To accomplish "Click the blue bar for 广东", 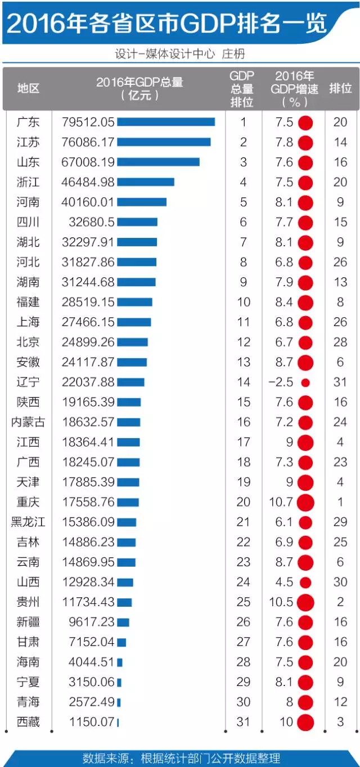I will click(x=166, y=122).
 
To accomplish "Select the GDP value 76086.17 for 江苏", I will click(x=88, y=142).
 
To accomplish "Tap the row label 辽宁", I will click(x=29, y=382).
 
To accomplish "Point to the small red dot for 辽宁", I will click(x=305, y=382).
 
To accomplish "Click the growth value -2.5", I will click(x=281, y=382).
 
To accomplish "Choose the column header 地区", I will click(x=29, y=88).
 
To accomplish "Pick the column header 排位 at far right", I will click(x=340, y=88).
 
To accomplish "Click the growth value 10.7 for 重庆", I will click(x=281, y=502).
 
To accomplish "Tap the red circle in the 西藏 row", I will click(x=305, y=722).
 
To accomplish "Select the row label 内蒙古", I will click(x=29, y=422).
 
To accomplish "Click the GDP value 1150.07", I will click(x=92, y=722).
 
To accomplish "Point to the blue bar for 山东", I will click(x=158, y=162).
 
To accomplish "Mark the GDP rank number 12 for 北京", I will click(x=244, y=342).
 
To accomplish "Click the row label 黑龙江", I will click(x=29, y=522).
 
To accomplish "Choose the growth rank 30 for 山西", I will click(x=340, y=582).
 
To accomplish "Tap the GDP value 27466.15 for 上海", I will click(x=88, y=322).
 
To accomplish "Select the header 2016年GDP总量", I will click(x=139, y=82).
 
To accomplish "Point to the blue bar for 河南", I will click(x=142, y=202).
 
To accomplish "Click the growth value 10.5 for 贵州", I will click(x=281, y=602).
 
